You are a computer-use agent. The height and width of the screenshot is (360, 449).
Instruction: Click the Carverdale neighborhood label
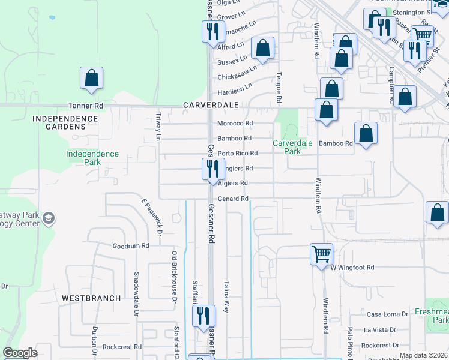211,105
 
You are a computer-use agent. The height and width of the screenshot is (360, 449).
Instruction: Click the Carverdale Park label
292,147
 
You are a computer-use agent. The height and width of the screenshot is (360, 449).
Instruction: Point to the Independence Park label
92,158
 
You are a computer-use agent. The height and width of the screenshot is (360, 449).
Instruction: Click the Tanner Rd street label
86,105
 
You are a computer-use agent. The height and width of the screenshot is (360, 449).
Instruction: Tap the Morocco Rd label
235,124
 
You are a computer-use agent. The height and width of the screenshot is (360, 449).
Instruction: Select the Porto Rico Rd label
237,154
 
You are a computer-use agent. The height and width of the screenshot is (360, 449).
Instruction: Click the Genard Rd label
232,199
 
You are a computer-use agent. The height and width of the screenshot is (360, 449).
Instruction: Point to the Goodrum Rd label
130,246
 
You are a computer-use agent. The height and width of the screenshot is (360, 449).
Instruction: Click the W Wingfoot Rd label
352,267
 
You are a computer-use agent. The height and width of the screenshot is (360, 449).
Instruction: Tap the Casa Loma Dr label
382,314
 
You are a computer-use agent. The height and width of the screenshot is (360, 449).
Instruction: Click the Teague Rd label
279,88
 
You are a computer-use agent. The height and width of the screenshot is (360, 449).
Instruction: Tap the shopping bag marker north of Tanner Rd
91,79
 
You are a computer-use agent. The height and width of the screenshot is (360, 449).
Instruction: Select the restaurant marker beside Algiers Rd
211,170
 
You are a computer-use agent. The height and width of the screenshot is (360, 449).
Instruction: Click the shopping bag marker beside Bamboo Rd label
366,134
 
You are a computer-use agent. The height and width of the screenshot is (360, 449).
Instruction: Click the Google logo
20,353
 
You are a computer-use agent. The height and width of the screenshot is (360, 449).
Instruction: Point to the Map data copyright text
423,355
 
